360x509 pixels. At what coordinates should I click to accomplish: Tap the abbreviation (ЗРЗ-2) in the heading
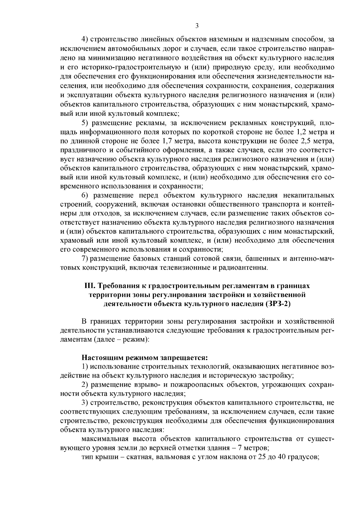(278, 304)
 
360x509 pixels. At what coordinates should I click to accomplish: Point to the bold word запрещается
(188, 358)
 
